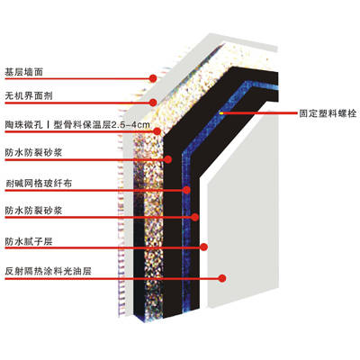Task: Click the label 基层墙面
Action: tap(24, 72)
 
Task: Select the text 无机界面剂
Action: tap(29, 96)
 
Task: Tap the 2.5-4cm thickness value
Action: tap(130, 125)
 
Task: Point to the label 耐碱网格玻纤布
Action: tap(39, 184)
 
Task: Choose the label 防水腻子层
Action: tap(29, 241)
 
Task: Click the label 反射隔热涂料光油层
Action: tap(48, 272)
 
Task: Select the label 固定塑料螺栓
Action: tap(328, 113)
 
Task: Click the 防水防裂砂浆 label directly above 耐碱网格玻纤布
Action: tap(33, 153)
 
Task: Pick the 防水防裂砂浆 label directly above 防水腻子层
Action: tap(33, 211)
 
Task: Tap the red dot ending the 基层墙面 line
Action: tap(153, 78)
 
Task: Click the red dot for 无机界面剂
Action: tap(153, 103)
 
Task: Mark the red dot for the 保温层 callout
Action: tap(157, 131)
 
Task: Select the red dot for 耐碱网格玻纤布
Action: tap(186, 190)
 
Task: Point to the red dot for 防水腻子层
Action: tap(203, 247)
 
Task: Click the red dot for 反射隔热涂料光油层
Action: tap(222, 278)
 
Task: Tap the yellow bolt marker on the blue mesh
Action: tap(221, 113)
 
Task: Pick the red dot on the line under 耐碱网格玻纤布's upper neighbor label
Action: tap(168, 159)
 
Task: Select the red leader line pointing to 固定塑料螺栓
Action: tap(259, 113)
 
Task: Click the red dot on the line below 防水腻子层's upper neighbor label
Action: tap(195, 217)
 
